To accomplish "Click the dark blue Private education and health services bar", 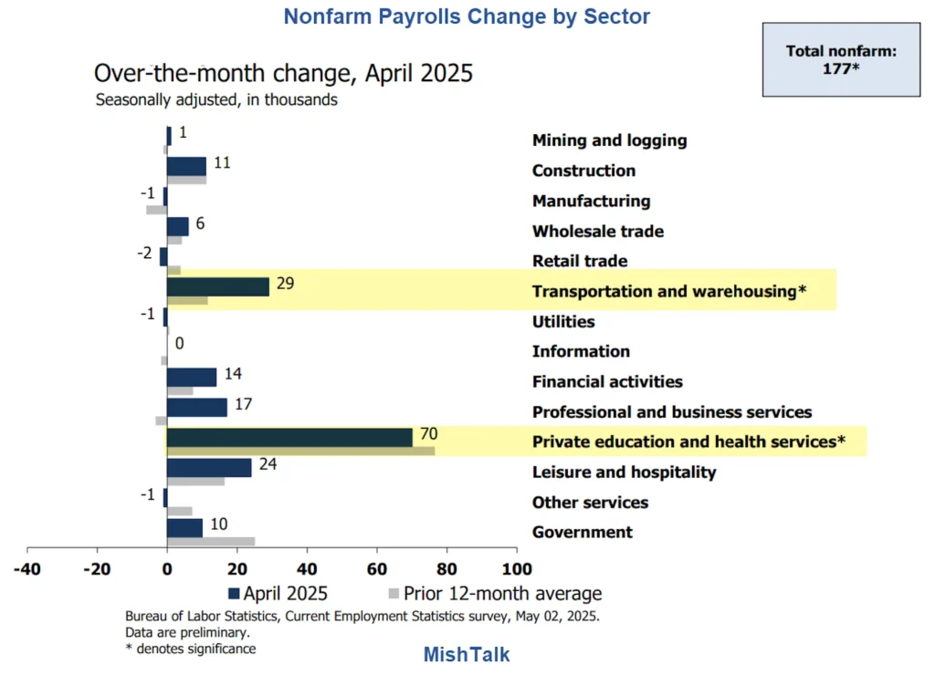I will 289,438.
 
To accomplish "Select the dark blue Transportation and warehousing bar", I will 218,286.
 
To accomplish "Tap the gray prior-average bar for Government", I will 210,541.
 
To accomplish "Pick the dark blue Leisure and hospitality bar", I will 209,467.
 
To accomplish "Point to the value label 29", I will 285,283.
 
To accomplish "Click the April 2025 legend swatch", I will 247,594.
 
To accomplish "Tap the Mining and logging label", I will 609,140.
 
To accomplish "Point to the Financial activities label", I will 607,381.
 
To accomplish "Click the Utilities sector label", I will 563,321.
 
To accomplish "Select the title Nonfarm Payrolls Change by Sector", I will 467,16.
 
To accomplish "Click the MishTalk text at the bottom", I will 467,654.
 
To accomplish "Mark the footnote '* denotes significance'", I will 190,649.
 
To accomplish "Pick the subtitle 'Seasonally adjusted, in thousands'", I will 216,100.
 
